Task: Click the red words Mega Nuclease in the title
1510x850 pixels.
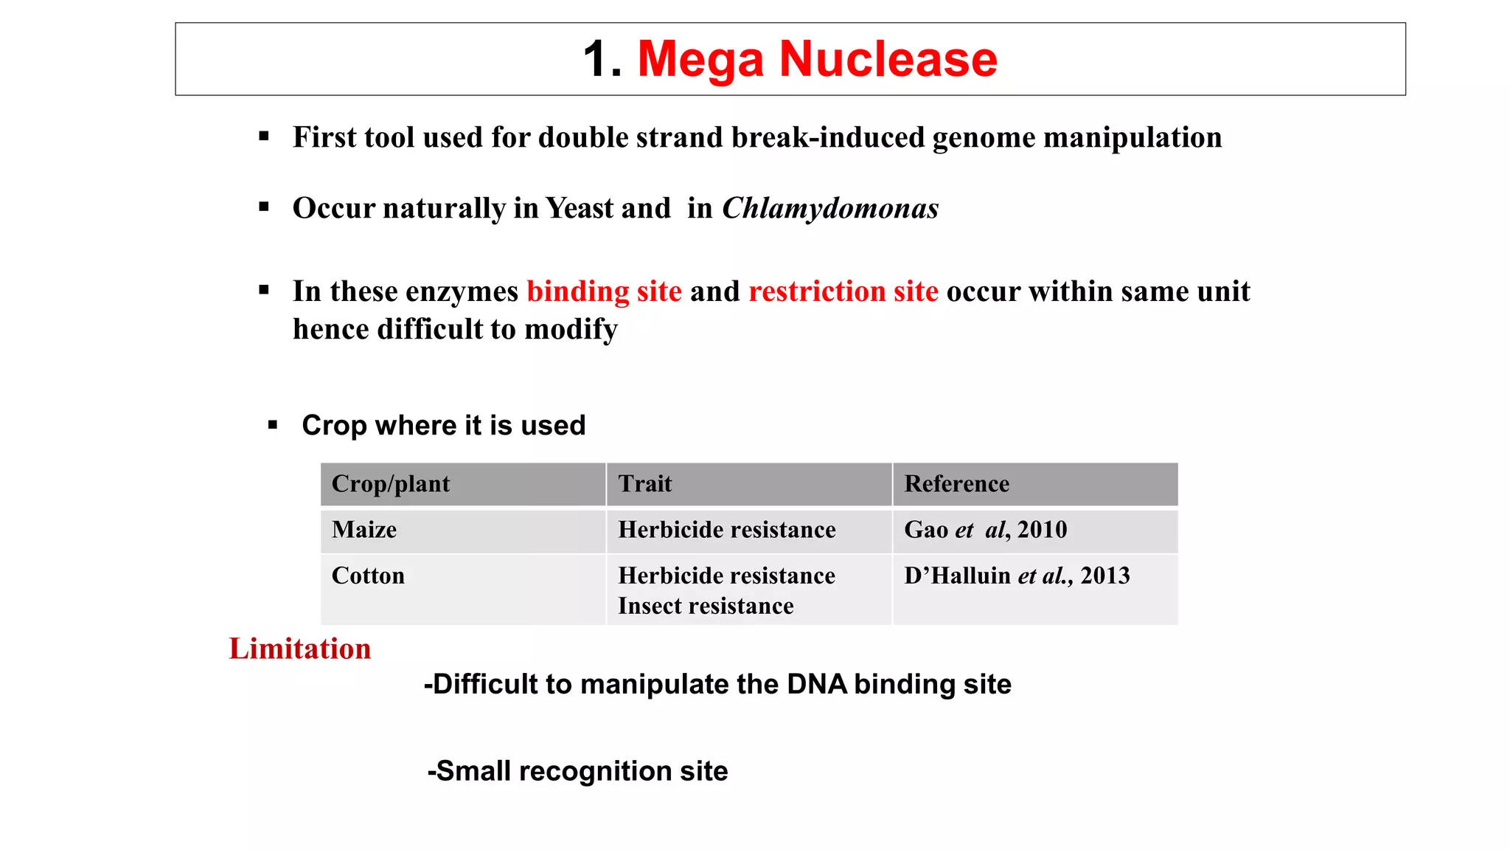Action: (817, 59)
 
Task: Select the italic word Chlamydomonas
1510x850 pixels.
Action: (830, 209)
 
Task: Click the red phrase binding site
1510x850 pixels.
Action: (604, 291)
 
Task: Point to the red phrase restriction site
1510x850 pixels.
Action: (843, 291)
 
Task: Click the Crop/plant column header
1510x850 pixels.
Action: (391, 484)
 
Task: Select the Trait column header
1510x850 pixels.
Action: (645, 484)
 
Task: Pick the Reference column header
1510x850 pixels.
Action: (957, 484)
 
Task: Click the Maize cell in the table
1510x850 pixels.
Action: (364, 530)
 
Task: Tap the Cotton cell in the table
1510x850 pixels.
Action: (368, 576)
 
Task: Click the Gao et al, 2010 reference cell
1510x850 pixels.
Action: (985, 530)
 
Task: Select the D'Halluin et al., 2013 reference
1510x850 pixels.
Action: (1017, 576)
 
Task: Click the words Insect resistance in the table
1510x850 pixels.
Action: (706, 606)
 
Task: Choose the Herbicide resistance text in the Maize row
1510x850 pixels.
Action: (727, 530)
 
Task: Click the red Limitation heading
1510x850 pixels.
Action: (300, 649)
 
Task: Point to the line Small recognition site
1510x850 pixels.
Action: (578, 771)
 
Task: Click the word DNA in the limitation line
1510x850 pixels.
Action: (817, 684)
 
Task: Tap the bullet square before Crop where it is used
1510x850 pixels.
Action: (273, 425)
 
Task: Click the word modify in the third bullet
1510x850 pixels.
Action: (571, 330)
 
